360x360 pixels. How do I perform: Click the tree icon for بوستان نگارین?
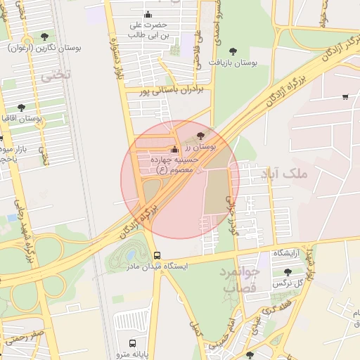point(45,36)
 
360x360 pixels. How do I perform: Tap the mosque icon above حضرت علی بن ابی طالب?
point(148,15)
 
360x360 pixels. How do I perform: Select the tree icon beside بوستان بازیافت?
point(233,51)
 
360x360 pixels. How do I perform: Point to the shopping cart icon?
point(345,96)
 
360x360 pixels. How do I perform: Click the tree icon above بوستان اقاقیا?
point(21,108)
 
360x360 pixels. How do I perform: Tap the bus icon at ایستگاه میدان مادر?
point(156,256)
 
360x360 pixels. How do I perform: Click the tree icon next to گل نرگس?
point(288,271)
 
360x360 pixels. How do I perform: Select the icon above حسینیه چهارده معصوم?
point(175,149)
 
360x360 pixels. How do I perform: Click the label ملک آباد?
point(284,172)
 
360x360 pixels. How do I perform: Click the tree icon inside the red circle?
point(202,135)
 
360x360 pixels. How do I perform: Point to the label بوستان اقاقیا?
point(21,119)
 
